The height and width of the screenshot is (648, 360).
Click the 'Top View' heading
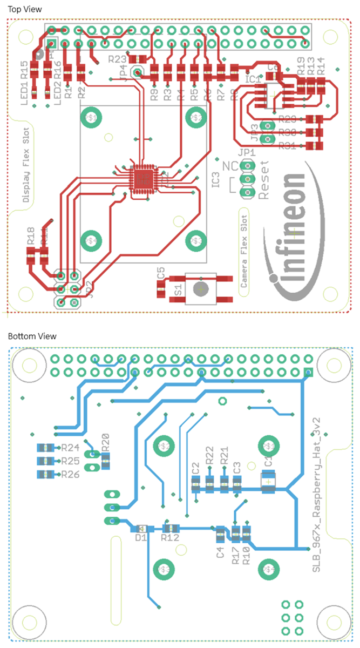[x=24, y=9]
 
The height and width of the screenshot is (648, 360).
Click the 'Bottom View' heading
[x=32, y=336]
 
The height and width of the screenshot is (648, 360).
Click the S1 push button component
[x=200, y=288]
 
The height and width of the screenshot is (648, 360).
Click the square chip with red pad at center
[x=142, y=179]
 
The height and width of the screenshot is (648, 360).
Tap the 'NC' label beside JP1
[x=230, y=166]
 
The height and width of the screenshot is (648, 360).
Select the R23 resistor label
[x=118, y=59]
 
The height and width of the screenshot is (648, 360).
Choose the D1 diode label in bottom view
[x=141, y=538]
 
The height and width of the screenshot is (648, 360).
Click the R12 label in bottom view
[x=170, y=538]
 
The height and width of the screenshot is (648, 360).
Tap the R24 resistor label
[x=70, y=447]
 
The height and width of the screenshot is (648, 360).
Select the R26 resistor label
[x=70, y=474]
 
